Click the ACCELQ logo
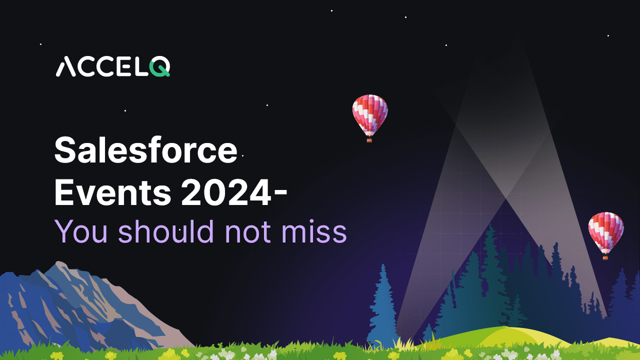click(113, 66)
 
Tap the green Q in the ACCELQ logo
click(159, 66)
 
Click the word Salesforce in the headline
click(145, 150)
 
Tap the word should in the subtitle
click(166, 231)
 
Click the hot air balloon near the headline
click(370, 118)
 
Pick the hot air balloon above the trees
click(605, 235)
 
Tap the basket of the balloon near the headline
click(369, 140)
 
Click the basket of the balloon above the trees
click(605, 257)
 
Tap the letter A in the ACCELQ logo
click(65, 66)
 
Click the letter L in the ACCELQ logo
click(140, 66)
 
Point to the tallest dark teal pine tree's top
click(491, 224)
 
